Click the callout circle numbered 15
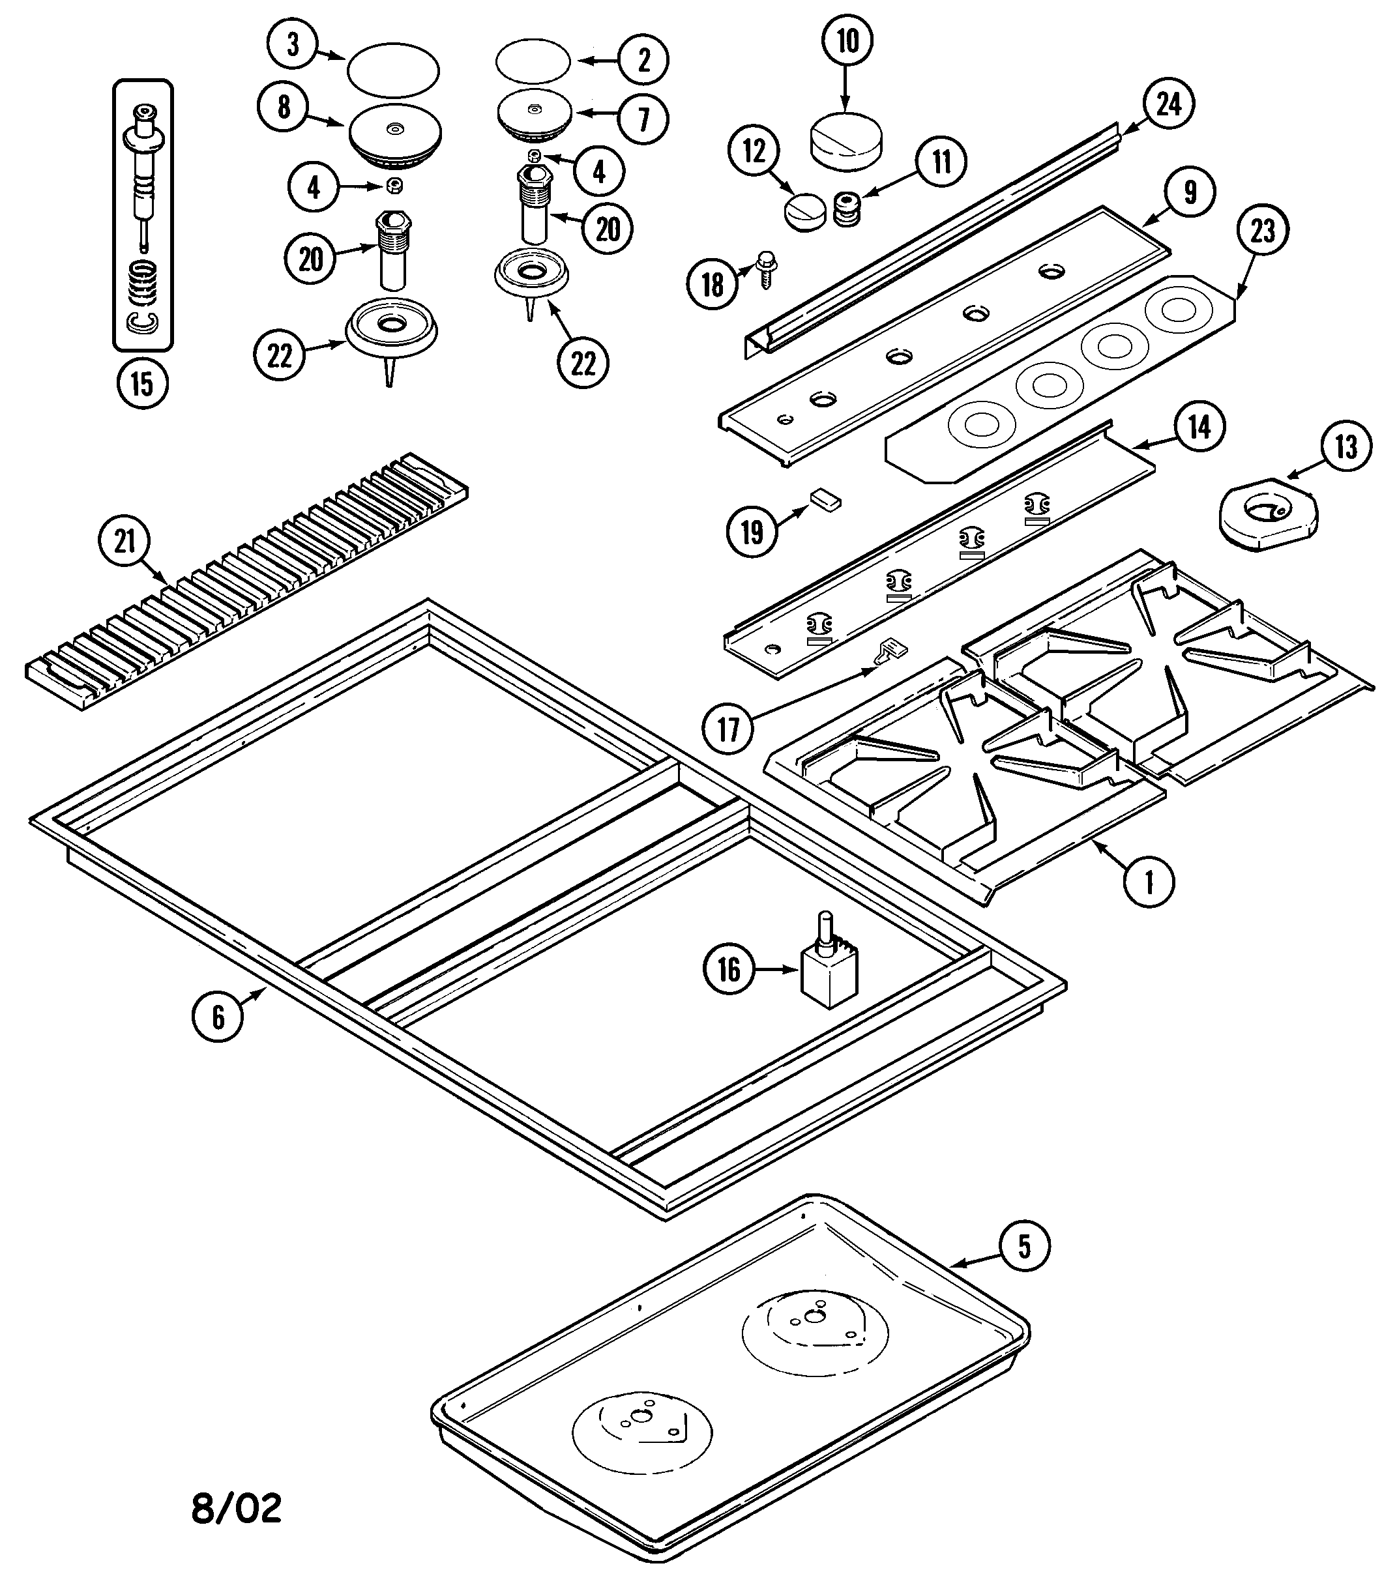[x=143, y=383]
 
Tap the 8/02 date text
[x=236, y=1508]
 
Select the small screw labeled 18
[x=767, y=269]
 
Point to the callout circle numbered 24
[x=1168, y=104]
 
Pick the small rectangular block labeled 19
[x=825, y=500]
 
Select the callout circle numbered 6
[x=218, y=1017]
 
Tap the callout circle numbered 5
[x=1024, y=1246]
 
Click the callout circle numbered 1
[x=1149, y=880]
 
